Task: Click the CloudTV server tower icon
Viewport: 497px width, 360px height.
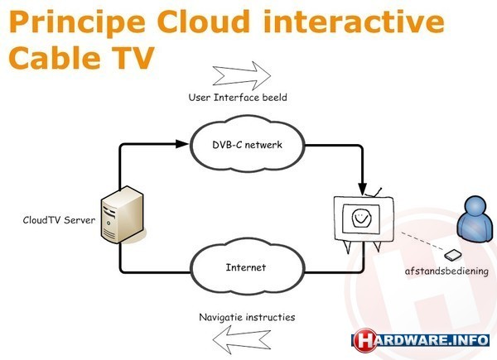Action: (123, 214)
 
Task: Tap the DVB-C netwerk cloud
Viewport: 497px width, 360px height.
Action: (247, 144)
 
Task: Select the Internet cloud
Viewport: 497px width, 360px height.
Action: (247, 267)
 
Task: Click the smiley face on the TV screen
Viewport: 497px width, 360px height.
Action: (361, 218)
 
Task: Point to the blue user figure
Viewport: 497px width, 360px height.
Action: (475, 219)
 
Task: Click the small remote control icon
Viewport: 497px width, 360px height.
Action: (452, 255)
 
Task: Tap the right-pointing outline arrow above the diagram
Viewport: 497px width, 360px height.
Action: (242, 75)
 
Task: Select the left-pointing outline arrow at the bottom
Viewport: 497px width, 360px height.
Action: (242, 340)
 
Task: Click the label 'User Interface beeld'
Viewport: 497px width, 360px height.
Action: (238, 97)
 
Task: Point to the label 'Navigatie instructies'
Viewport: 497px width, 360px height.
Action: (247, 317)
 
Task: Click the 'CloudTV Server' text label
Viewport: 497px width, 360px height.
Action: (59, 220)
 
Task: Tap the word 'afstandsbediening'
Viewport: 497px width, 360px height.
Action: (446, 271)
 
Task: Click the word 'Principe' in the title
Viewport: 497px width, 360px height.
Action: (77, 23)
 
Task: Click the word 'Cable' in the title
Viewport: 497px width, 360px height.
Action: (55, 58)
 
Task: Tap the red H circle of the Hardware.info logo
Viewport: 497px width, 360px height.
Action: (365, 340)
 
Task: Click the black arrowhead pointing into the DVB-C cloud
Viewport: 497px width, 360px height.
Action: (182, 144)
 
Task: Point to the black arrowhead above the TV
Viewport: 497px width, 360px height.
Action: (362, 189)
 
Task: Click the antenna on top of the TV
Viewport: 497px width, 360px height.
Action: (374, 193)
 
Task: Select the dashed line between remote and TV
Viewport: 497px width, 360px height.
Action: (422, 242)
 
